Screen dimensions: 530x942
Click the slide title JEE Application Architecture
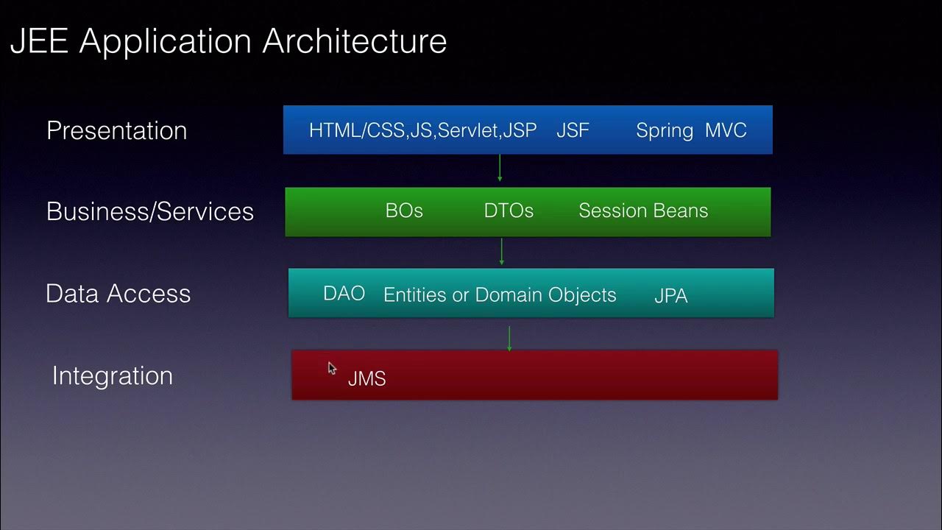click(x=228, y=41)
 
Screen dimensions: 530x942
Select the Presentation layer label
click(x=116, y=130)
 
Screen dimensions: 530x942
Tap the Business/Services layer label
click(x=149, y=211)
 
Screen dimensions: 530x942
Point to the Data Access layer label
click(x=118, y=294)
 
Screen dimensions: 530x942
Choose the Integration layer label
click(x=112, y=375)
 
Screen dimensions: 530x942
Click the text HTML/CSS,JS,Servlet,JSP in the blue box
click(x=422, y=130)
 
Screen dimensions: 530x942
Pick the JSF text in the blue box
click(x=573, y=130)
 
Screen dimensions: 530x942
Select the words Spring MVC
click(x=691, y=130)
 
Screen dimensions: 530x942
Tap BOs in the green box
click(x=404, y=211)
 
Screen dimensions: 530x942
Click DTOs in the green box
click(x=509, y=211)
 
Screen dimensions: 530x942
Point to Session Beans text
click(x=643, y=211)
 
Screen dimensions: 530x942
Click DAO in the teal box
click(x=344, y=294)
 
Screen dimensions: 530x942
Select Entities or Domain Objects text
click(x=500, y=294)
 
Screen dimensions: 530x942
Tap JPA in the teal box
click(x=670, y=296)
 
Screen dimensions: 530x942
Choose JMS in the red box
click(x=366, y=378)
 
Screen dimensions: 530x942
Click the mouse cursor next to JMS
click(x=332, y=369)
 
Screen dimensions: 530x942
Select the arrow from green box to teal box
click(x=501, y=252)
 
